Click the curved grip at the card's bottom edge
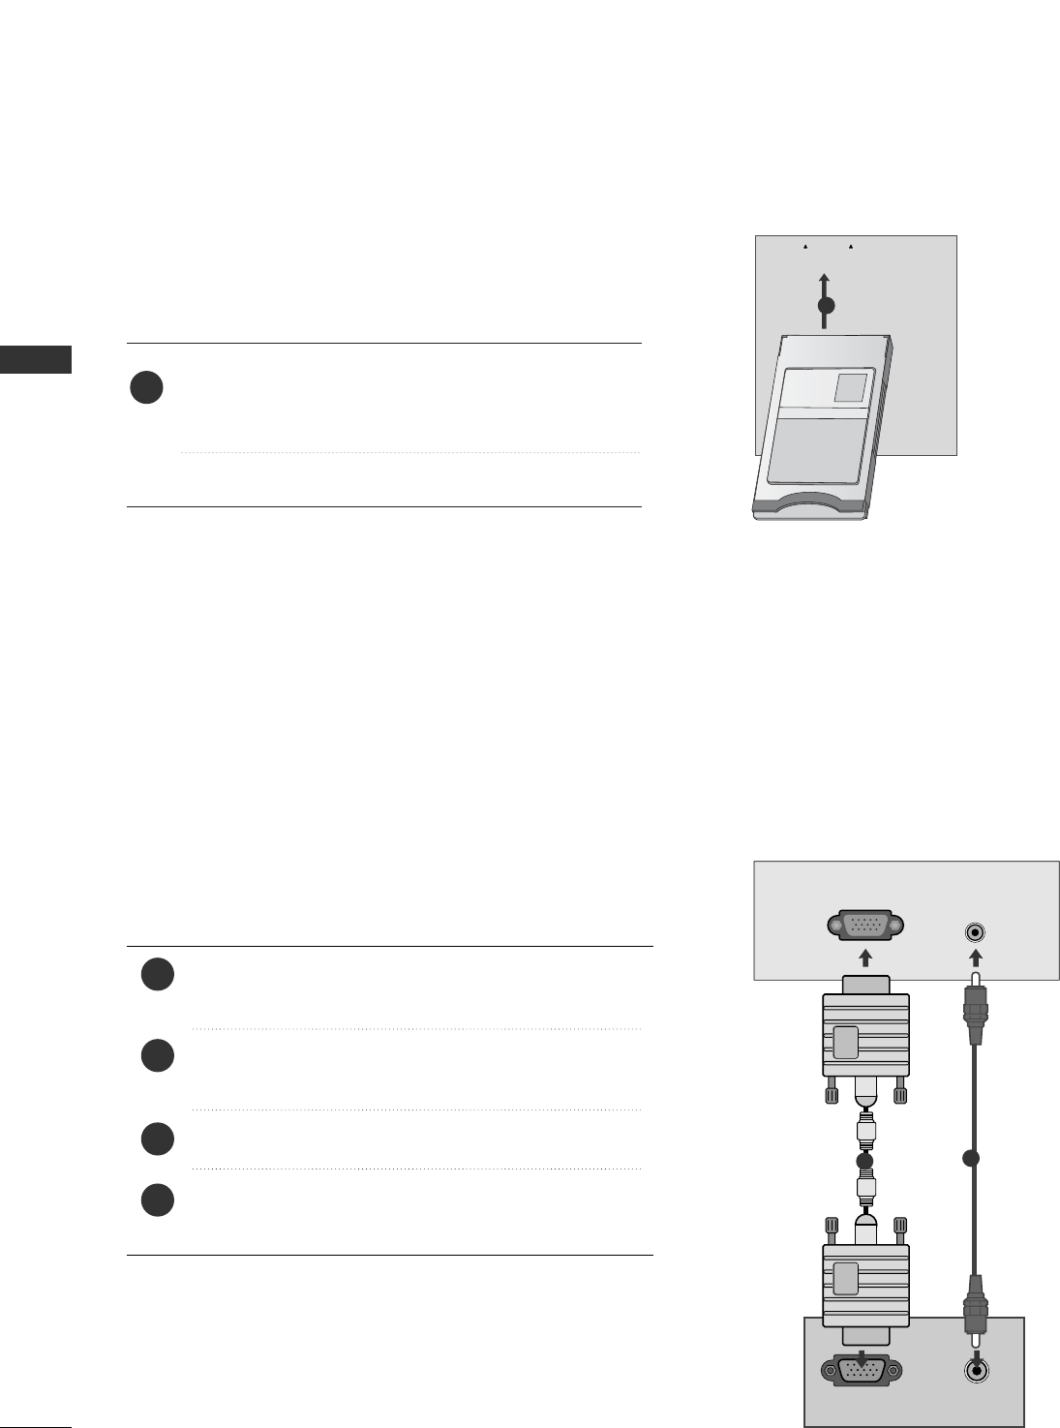[x=808, y=502]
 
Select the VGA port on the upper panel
[x=865, y=927]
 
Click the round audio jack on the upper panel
[x=976, y=932]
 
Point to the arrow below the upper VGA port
[x=865, y=957]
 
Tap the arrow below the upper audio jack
[x=976, y=958]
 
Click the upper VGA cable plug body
[x=865, y=1035]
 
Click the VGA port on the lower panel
[x=861, y=1371]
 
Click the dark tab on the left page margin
[x=36, y=358]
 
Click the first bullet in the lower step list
[x=157, y=975]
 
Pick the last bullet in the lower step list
[x=157, y=1200]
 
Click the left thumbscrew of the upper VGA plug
[x=830, y=1093]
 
